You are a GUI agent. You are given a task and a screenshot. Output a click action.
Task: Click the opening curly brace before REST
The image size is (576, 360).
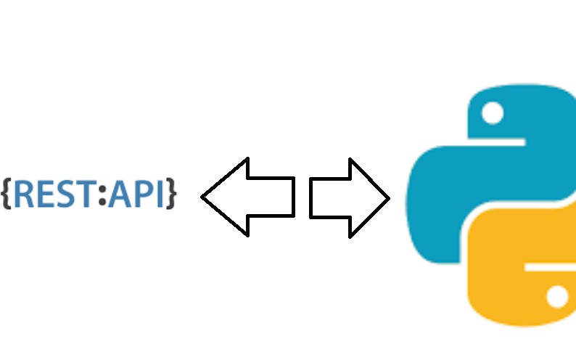[7, 193]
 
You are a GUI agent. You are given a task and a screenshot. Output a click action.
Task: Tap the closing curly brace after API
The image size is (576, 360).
[171, 193]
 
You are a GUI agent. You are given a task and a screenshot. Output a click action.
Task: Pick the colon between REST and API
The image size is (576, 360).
[102, 193]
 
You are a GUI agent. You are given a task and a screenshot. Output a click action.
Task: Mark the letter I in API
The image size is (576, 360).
[159, 193]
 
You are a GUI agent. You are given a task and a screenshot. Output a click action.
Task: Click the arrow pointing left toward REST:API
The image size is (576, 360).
[250, 197]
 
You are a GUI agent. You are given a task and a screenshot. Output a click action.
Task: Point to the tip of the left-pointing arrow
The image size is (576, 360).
[204, 197]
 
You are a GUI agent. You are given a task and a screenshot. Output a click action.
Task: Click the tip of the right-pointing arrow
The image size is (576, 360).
[388, 197]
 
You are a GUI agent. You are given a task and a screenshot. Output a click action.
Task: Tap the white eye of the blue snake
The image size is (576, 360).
[493, 114]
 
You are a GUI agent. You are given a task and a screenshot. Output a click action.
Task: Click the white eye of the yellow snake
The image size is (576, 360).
[557, 296]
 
